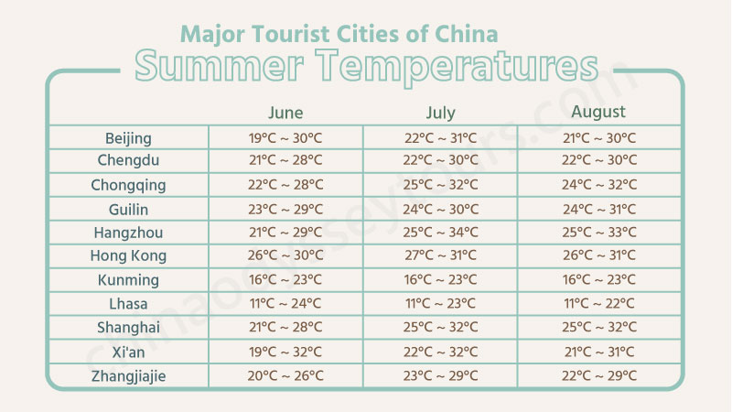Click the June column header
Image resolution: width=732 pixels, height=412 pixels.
(285, 114)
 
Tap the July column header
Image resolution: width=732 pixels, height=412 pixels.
(440, 114)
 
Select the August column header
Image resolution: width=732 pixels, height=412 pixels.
(598, 113)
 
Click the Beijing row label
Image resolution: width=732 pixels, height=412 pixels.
(128, 138)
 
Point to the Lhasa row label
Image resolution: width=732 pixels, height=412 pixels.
(128, 304)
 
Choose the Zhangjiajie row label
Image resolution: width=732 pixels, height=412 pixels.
(128, 375)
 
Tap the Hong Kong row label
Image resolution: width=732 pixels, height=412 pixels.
(128, 256)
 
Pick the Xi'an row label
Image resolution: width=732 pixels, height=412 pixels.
(128, 352)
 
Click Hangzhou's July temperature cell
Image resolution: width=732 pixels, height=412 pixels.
(440, 233)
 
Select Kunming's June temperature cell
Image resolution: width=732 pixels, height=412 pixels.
(285, 280)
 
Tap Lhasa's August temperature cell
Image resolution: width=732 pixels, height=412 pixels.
(599, 304)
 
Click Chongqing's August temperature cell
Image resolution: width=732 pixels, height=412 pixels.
(599, 185)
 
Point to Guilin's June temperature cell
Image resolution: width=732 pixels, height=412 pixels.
(285, 209)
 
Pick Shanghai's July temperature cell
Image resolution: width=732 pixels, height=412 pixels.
(440, 328)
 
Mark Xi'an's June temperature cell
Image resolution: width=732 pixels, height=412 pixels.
(285, 352)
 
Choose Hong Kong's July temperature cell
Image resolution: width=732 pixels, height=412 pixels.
(440, 256)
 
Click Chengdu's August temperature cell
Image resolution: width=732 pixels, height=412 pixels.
(599, 161)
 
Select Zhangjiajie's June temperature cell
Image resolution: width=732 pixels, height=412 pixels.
(285, 375)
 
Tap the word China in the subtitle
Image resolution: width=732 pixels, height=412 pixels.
(467, 34)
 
